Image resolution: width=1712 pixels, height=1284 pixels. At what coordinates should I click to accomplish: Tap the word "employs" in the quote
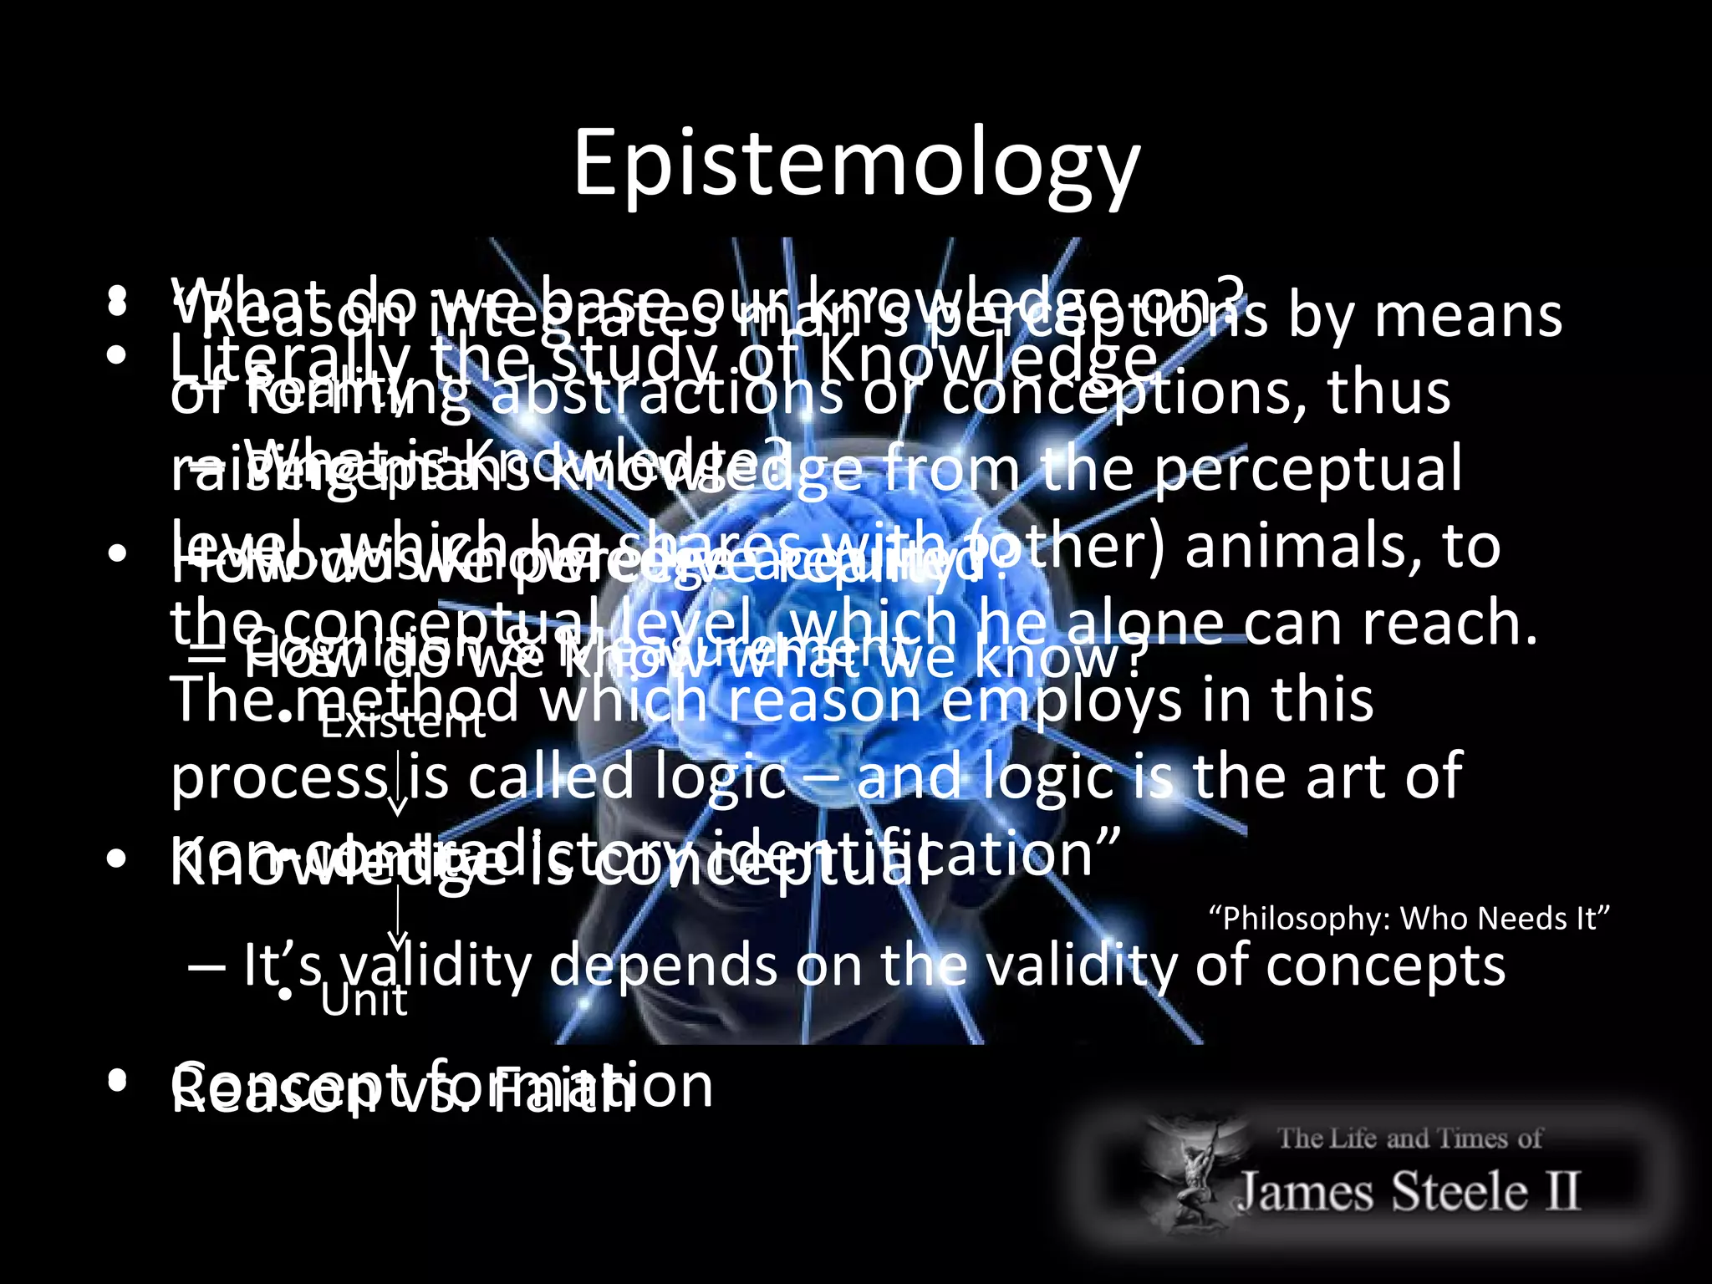(x=1062, y=701)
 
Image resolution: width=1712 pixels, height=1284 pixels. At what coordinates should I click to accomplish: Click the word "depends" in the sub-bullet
(x=664, y=966)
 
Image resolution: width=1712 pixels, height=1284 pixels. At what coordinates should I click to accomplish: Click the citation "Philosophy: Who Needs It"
(x=1409, y=919)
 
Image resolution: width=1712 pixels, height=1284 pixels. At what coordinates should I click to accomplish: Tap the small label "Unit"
(x=364, y=1001)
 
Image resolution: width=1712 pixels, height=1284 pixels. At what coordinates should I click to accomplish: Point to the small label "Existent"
(x=402, y=723)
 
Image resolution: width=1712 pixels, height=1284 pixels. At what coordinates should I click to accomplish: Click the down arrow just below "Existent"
(x=398, y=786)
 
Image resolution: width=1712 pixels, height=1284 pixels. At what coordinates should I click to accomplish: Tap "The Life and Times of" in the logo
(x=1409, y=1139)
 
